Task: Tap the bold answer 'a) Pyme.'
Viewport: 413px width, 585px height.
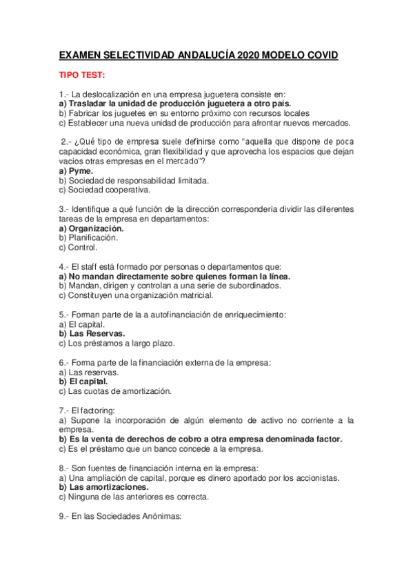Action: click(x=77, y=170)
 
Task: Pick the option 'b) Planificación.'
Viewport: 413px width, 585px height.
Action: click(x=88, y=237)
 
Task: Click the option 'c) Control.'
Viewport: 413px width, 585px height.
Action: click(x=78, y=247)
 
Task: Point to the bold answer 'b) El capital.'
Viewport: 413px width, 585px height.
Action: click(x=83, y=381)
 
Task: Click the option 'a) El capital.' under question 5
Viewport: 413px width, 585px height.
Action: click(x=81, y=324)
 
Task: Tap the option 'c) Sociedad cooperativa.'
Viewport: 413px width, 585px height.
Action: click(x=103, y=190)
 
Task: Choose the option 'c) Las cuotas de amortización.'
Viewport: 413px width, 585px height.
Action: click(x=114, y=391)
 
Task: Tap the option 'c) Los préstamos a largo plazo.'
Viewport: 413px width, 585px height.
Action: click(x=117, y=343)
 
